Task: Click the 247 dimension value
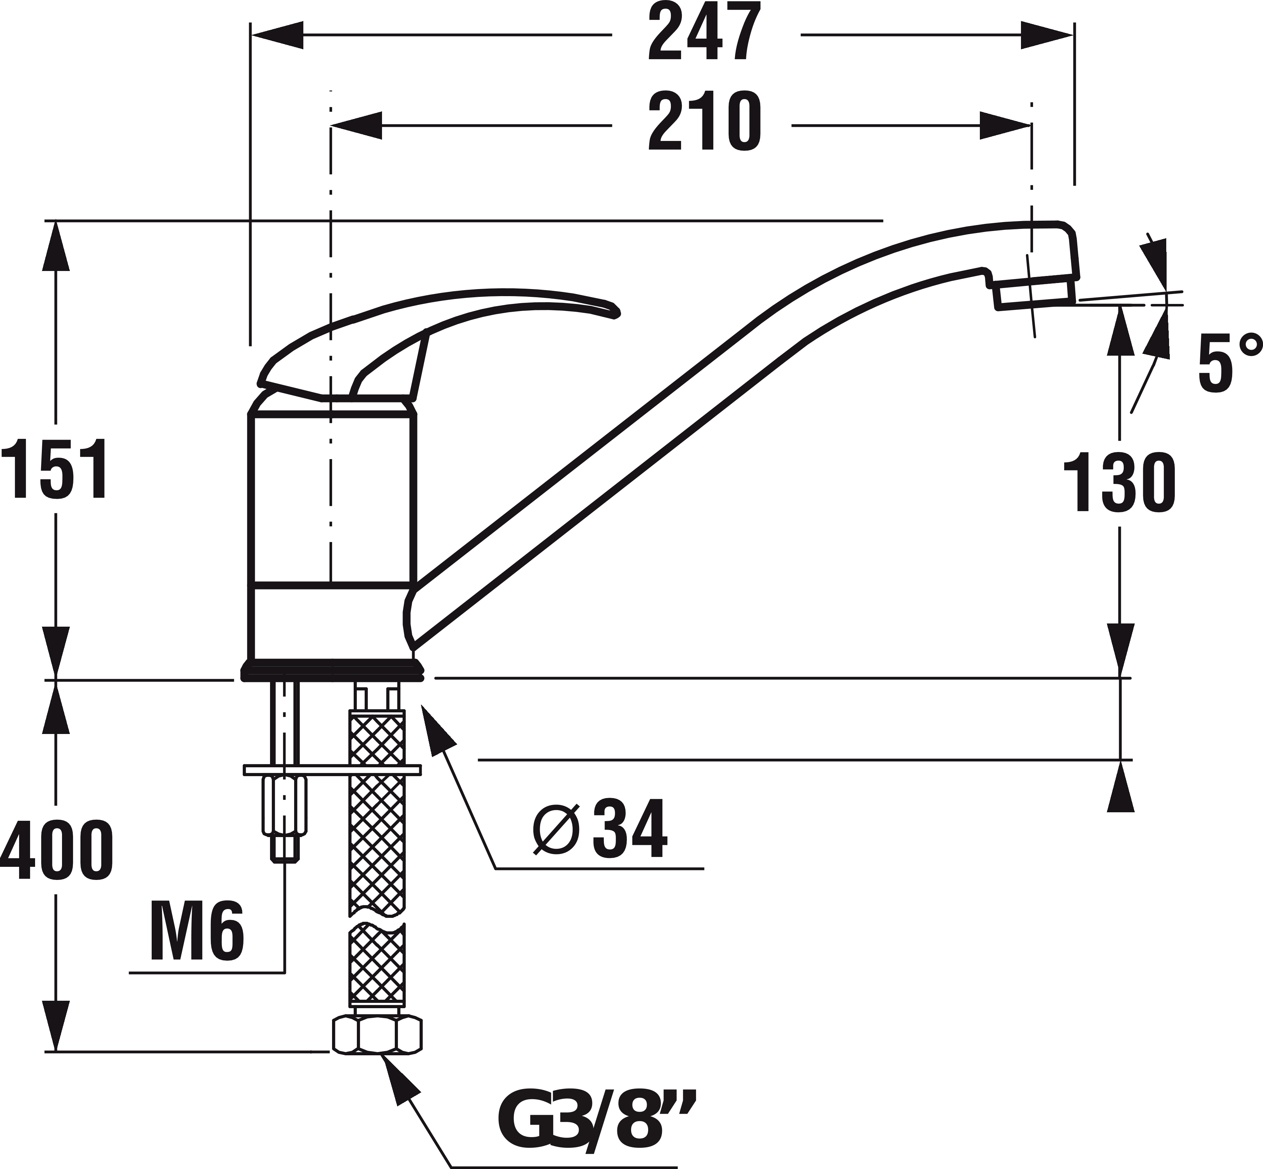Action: click(x=704, y=35)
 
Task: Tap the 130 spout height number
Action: click(x=1119, y=482)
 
